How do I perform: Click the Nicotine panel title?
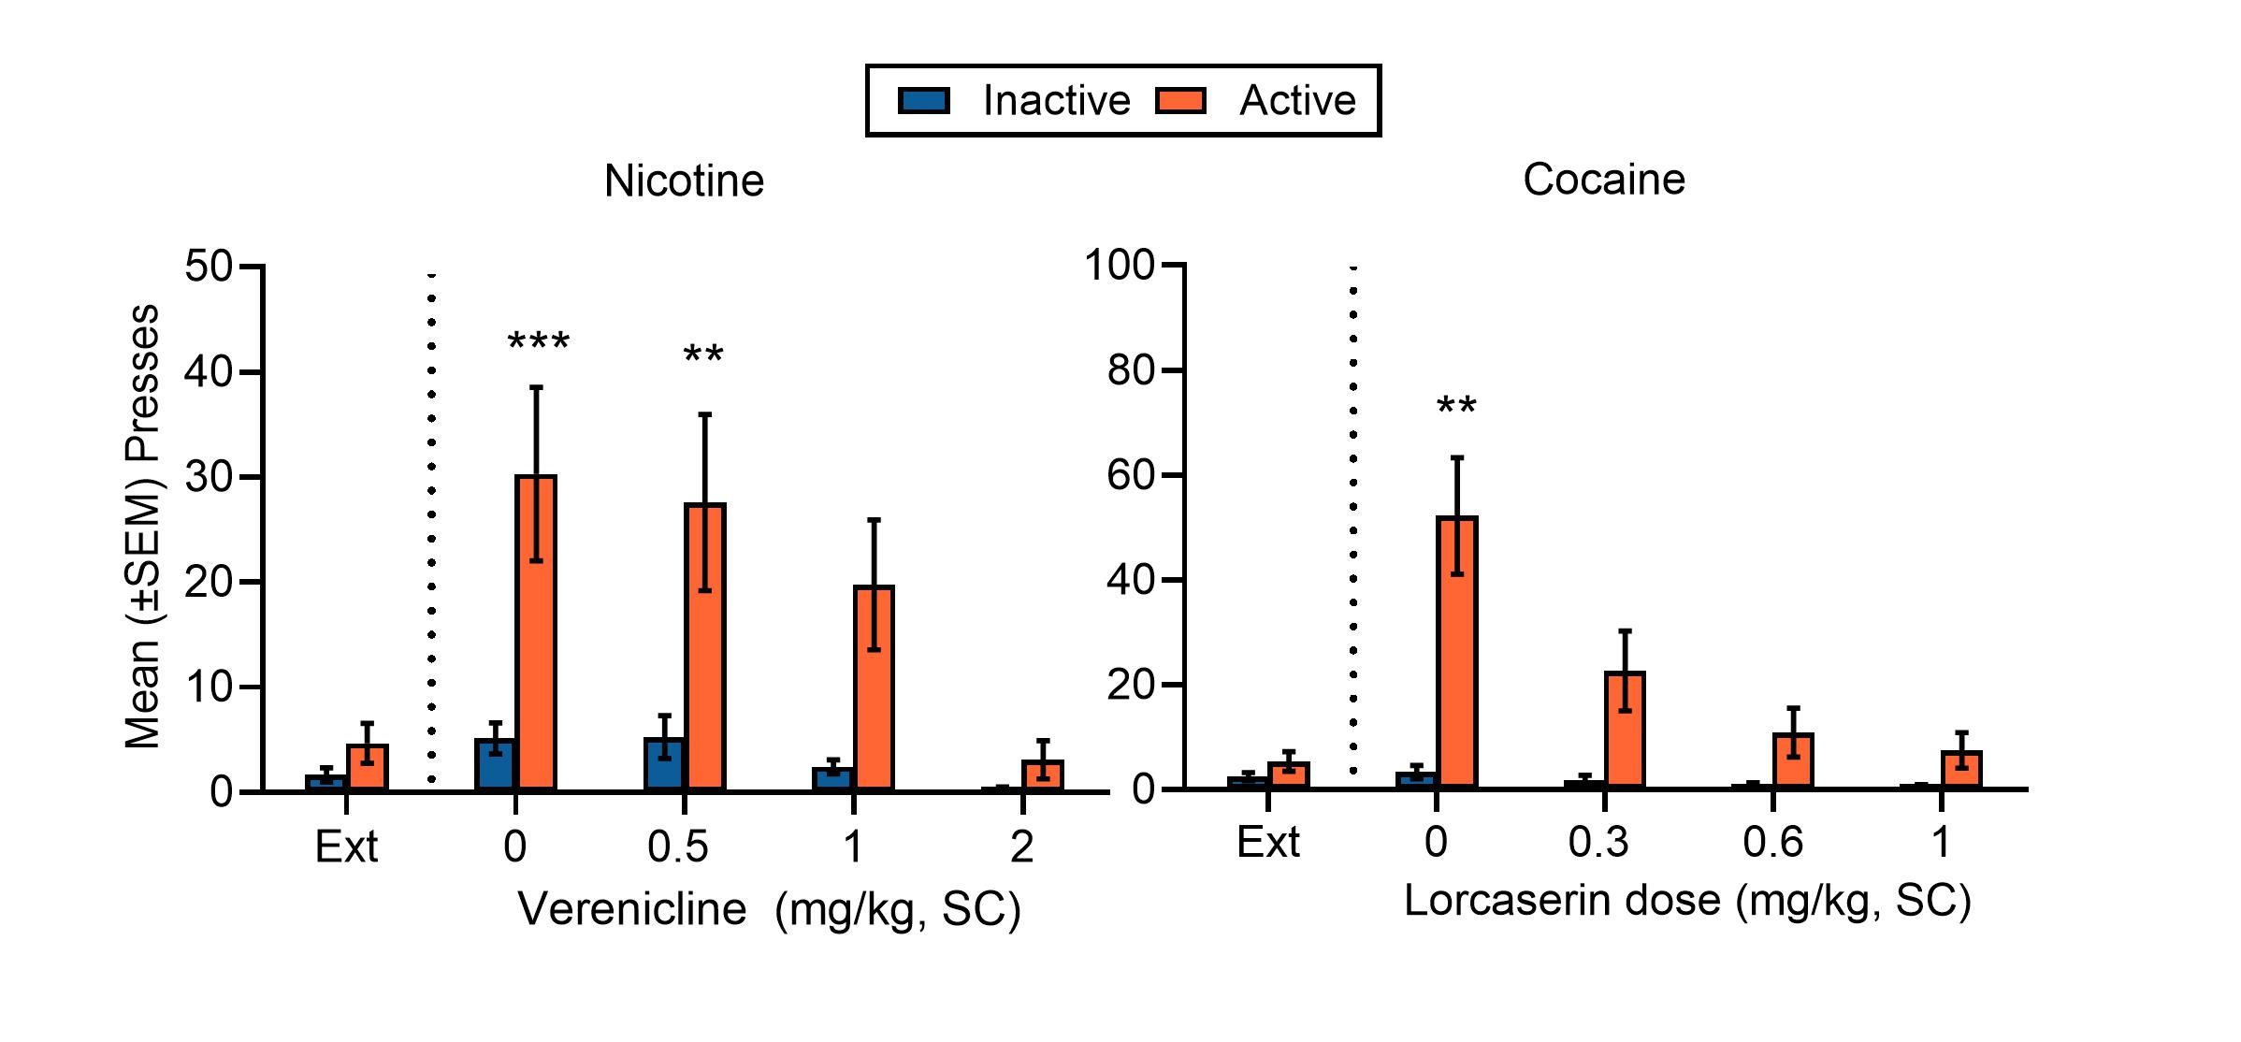684,181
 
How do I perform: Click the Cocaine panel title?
1603,179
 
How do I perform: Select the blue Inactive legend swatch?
923,101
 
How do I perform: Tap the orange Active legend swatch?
1179,101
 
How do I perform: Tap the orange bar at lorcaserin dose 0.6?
1793,762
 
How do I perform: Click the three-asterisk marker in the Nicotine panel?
538,343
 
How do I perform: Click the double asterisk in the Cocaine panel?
1456,408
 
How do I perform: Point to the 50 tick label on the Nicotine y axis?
208,267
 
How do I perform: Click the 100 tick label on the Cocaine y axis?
1120,265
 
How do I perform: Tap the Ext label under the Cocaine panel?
1267,842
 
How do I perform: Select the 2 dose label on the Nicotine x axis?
1021,847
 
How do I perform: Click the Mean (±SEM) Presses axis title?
142,526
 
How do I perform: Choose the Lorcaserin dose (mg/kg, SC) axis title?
1687,900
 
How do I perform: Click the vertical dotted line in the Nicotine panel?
431,524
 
